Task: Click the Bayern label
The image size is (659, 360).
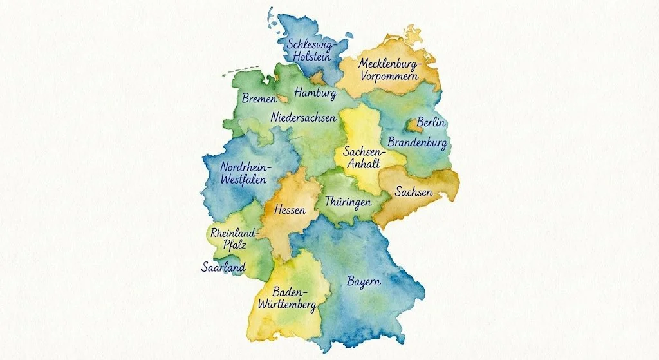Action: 364,282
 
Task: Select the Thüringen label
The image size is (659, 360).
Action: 348,202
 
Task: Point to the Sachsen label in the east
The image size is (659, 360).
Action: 414,193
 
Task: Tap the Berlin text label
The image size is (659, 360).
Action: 432,122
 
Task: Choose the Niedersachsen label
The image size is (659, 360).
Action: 303,118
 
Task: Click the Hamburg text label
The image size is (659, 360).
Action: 315,94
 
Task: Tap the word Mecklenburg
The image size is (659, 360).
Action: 389,64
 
